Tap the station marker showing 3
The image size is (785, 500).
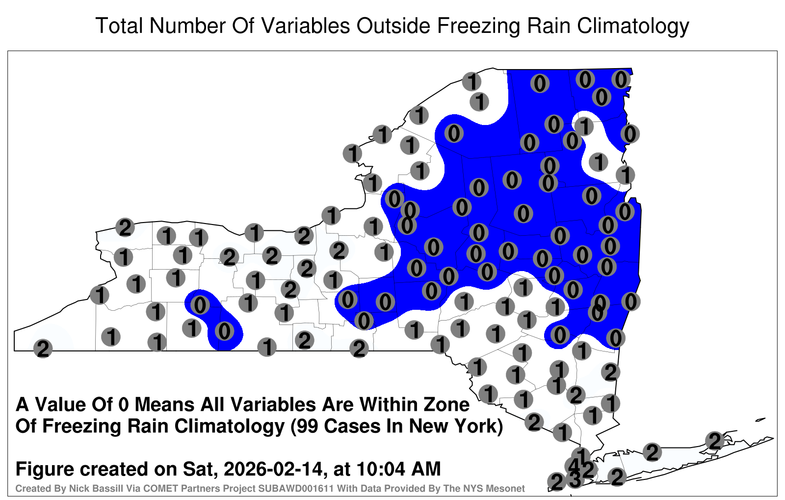click(575, 479)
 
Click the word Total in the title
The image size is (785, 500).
click(119, 25)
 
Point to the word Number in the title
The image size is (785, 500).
click(187, 25)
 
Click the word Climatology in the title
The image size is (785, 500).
click(633, 26)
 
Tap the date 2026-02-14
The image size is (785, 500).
click(273, 469)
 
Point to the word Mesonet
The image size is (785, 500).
click(506, 488)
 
